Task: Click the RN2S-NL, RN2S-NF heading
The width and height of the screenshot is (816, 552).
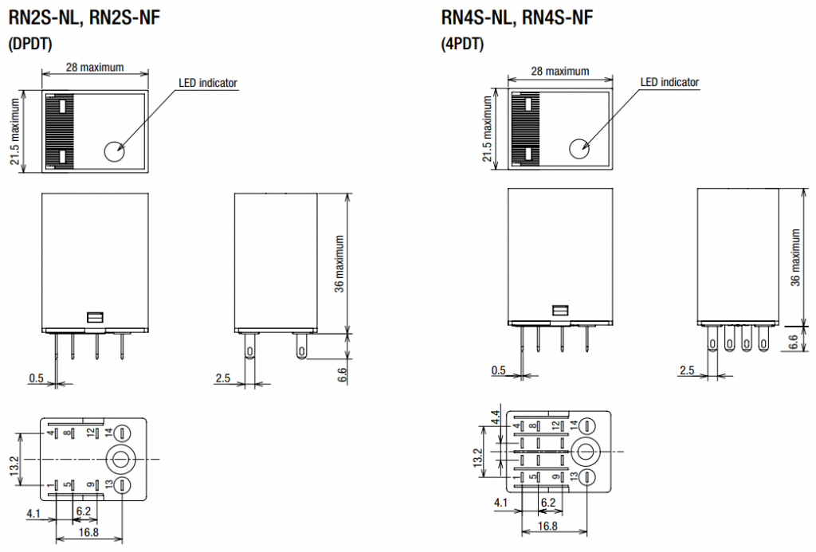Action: coord(84,18)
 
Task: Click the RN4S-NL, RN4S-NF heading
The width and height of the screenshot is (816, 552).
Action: coord(516,18)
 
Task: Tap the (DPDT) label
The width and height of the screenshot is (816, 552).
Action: coord(30,44)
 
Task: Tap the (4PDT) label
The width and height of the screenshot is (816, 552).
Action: coord(462,44)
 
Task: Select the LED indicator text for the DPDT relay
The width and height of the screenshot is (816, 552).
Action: coord(208,83)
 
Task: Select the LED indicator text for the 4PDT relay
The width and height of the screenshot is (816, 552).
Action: coord(669,82)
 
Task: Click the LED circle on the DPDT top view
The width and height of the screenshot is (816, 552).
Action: coord(115,151)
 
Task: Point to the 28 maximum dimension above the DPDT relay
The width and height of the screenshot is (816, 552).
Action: coord(95,67)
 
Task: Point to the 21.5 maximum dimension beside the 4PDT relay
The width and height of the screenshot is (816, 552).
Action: coord(487,129)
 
